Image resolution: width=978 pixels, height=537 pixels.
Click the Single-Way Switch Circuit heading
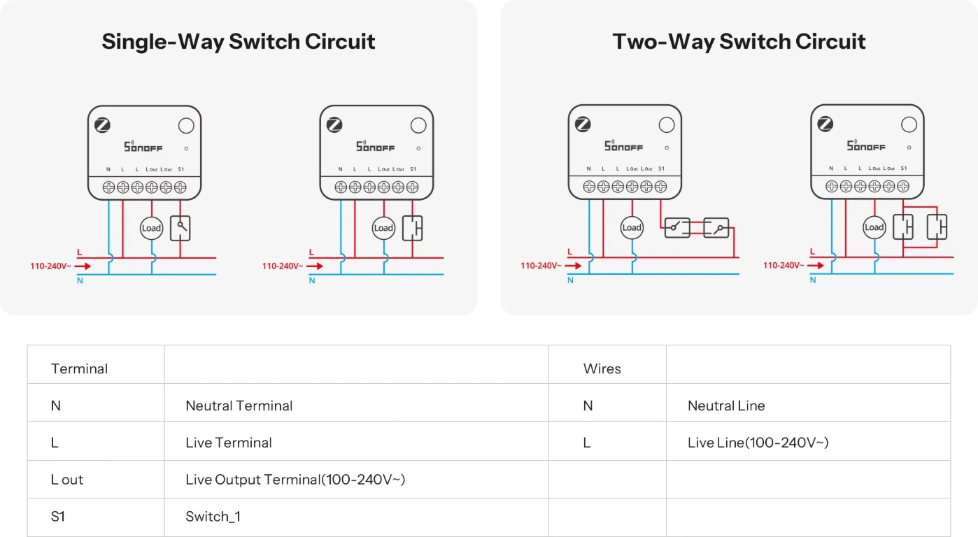(x=239, y=41)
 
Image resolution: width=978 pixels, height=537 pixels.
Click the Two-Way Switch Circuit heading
(x=739, y=41)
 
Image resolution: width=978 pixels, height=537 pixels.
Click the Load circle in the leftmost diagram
(x=152, y=228)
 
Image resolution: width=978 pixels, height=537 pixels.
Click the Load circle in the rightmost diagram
(x=874, y=227)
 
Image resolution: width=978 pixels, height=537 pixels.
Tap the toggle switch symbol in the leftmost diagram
(x=180, y=228)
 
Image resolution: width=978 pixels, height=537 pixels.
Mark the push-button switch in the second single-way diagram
(x=413, y=228)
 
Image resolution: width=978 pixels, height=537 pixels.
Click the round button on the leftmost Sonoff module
(x=186, y=126)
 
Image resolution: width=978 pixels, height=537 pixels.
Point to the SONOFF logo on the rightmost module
(x=866, y=145)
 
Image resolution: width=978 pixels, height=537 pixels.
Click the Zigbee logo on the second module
(x=334, y=125)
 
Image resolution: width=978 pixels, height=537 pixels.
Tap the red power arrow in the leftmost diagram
(x=83, y=266)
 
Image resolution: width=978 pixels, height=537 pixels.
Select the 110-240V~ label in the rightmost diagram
(x=784, y=265)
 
